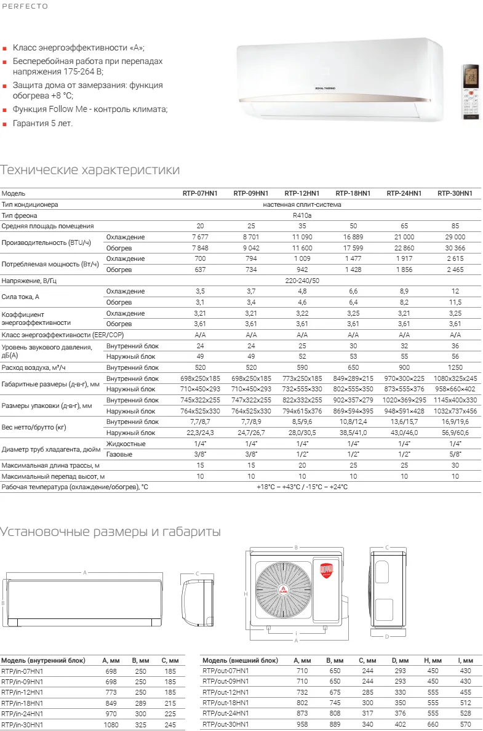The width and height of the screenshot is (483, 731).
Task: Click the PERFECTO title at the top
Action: (24, 6)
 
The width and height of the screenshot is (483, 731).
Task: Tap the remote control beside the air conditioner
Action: (471, 92)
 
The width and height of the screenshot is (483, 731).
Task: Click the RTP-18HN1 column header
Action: (353, 193)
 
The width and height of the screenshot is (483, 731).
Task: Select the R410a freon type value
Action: (301, 215)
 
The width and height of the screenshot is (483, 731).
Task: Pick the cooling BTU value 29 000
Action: (455, 237)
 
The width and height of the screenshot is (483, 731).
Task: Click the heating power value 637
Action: (199, 270)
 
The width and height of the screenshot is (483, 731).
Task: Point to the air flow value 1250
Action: (455, 367)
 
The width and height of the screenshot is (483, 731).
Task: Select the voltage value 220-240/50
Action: (301, 281)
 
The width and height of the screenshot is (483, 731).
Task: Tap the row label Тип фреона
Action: (20, 215)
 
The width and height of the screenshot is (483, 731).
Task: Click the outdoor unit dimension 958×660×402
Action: (455, 389)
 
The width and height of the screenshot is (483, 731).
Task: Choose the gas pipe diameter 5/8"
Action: (455, 454)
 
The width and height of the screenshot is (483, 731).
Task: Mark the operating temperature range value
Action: (301, 487)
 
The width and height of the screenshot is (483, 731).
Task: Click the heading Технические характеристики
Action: (90, 170)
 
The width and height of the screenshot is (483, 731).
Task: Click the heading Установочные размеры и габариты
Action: (111, 532)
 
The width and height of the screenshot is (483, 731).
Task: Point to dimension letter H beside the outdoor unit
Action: (245, 594)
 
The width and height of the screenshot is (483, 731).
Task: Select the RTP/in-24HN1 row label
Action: (23, 714)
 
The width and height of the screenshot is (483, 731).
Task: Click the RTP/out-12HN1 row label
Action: (226, 692)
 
